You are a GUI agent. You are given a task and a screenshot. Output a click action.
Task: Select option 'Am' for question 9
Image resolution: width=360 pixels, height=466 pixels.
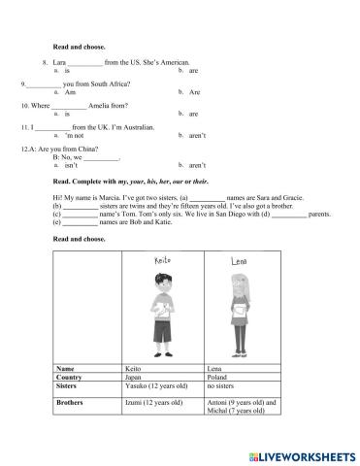[69, 92]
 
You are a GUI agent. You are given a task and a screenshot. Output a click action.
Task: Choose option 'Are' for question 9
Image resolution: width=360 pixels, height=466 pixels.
[194, 92]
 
